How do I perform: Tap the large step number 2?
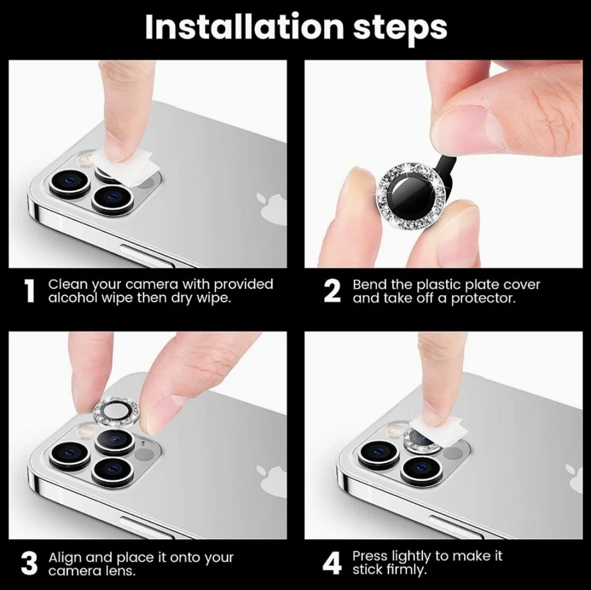333,291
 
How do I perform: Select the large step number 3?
29,563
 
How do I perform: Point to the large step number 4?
333,563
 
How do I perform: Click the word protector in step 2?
483,298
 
